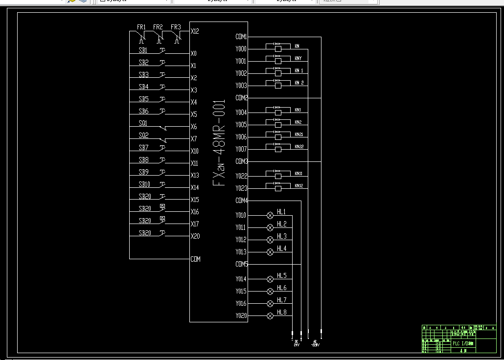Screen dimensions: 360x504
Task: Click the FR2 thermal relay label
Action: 158,27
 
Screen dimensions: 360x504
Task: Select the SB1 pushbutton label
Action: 143,50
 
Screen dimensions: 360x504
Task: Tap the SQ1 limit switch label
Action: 143,124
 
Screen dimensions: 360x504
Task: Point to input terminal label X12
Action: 195,31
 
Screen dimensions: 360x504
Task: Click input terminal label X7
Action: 194,139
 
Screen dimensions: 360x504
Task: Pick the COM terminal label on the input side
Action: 195,259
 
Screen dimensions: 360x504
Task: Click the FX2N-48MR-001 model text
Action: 219,142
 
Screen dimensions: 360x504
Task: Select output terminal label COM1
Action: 241,37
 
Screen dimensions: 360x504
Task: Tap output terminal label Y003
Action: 241,86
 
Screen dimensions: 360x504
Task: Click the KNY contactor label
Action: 298,59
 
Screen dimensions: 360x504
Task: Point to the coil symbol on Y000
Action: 278,48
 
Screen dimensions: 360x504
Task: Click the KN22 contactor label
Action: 298,147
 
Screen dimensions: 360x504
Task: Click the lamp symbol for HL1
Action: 270,215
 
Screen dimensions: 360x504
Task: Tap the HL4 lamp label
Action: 281,248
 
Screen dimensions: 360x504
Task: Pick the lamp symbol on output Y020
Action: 270,316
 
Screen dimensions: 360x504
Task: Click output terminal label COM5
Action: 241,264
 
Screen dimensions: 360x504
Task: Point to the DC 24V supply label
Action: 296,343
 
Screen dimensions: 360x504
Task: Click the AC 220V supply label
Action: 315,343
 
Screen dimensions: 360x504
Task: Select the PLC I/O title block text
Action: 463,343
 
